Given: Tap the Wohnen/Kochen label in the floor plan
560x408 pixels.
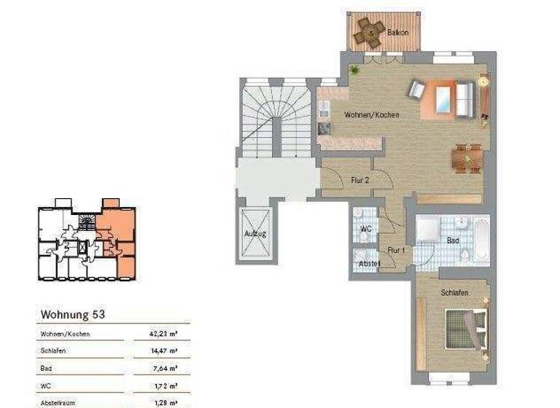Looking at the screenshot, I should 372,115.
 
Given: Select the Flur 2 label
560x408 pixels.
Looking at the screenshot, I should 359,179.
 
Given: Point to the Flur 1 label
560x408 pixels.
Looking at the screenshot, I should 396,249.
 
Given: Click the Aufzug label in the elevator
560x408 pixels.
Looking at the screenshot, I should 255,234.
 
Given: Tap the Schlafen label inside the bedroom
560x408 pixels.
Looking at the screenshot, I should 454,292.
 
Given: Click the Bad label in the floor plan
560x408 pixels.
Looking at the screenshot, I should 453,240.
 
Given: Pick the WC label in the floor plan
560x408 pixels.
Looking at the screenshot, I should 366,229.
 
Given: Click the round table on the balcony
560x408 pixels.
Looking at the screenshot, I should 368,30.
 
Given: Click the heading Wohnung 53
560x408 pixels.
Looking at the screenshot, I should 73,315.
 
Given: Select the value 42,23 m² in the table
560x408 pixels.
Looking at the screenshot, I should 165,334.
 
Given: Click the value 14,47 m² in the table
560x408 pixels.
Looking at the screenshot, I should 165,351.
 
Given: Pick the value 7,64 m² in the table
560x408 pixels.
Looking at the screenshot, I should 167,368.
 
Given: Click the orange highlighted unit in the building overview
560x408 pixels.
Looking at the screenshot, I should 117,233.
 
